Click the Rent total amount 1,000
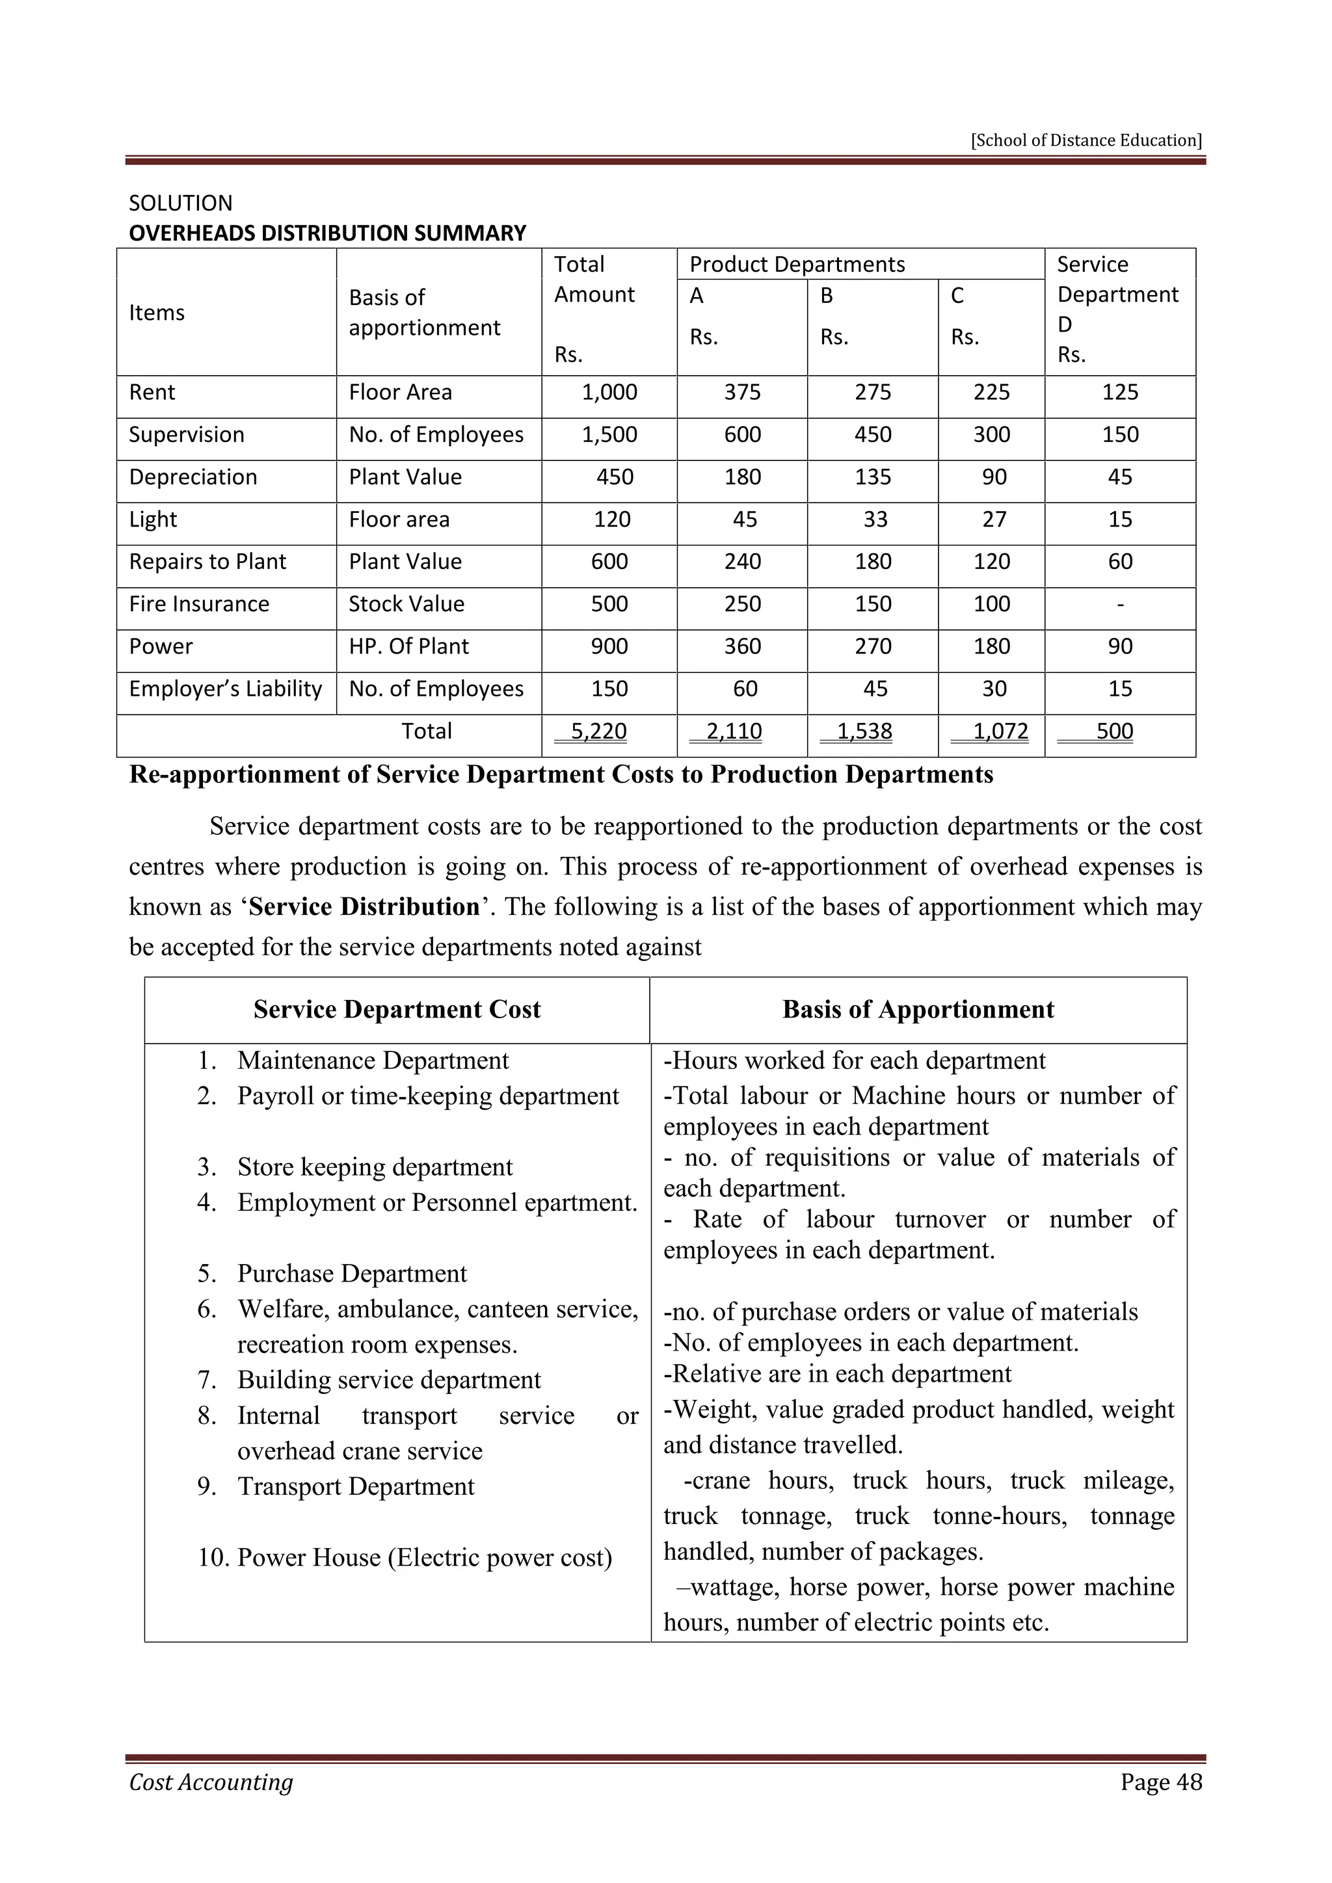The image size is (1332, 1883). [609, 393]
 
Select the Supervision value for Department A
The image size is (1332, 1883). [741, 436]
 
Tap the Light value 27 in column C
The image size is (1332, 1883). [993, 520]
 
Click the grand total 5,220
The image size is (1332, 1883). [598, 731]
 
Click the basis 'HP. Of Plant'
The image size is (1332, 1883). [408, 647]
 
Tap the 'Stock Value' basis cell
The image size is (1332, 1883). [406, 605]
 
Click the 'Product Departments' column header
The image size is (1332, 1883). [797, 265]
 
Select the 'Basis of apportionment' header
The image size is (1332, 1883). [424, 313]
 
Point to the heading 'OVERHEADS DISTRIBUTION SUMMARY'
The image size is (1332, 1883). [327, 233]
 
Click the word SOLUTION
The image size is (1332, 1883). [180, 204]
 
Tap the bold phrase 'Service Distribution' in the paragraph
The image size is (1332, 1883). [364, 907]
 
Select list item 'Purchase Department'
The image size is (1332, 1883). [352, 1274]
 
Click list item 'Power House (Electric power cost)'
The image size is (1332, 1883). [424, 1557]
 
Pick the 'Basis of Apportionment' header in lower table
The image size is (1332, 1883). [918, 1010]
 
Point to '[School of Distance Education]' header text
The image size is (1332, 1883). [1086, 140]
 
